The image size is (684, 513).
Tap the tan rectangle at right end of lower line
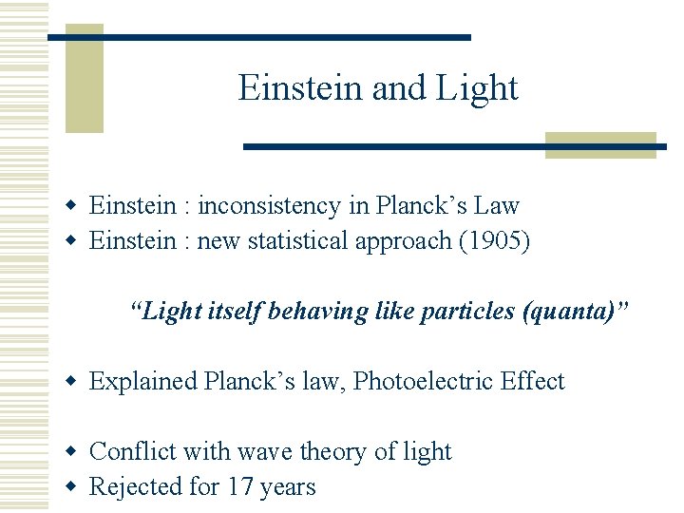pos(600,145)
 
